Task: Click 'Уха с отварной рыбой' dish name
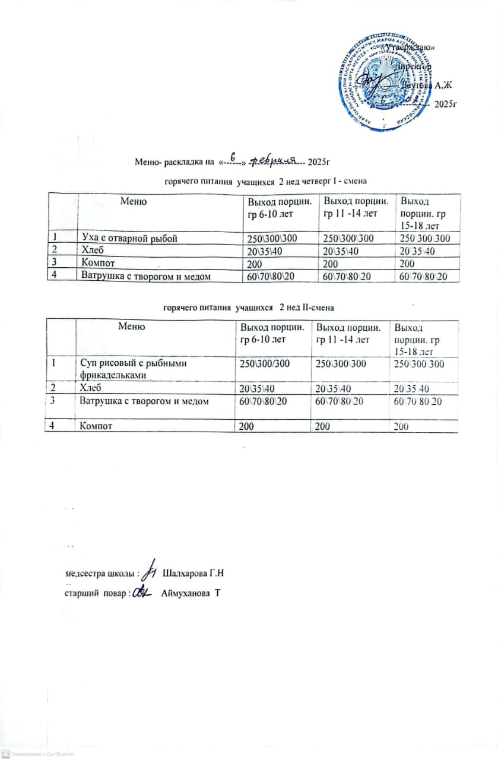click(129, 239)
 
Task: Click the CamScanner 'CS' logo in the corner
click(5, 753)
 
